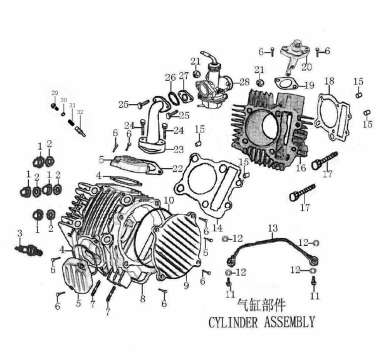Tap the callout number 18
click(329, 81)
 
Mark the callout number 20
click(306, 66)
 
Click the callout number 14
click(217, 228)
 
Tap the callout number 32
click(80, 112)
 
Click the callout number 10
click(169, 200)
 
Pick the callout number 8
click(142, 300)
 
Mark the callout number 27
click(183, 76)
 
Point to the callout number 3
click(19, 233)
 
